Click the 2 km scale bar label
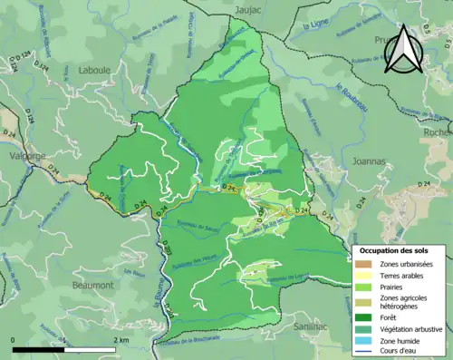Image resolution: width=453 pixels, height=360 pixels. [x=120, y=339]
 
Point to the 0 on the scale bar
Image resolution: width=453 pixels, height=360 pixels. [x=14, y=339]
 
